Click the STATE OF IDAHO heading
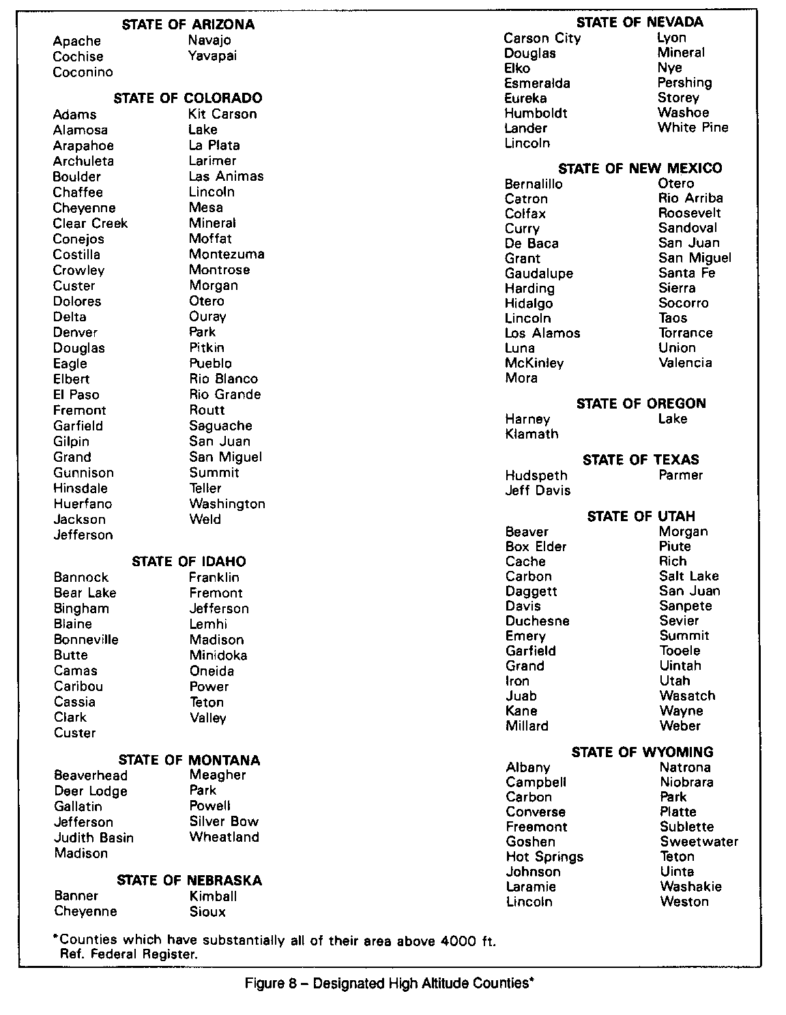tap(188, 561)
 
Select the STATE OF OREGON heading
tap(641, 403)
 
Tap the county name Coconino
tap(83, 72)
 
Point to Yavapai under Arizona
tap(212, 56)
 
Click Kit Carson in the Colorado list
tap(222, 114)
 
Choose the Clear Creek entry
tap(90, 224)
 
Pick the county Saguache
tap(220, 426)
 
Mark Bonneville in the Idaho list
tap(86, 640)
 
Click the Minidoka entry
tap(218, 656)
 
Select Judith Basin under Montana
tap(93, 838)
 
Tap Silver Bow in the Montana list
tap(224, 821)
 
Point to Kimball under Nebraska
tap(213, 896)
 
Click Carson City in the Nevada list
tap(542, 38)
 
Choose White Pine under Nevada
tap(693, 128)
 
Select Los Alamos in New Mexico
tap(542, 333)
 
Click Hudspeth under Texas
tap(536, 475)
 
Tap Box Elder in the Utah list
tap(536, 546)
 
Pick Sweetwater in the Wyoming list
tap(699, 842)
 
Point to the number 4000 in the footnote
tap(458, 941)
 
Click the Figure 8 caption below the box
tap(389, 984)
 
